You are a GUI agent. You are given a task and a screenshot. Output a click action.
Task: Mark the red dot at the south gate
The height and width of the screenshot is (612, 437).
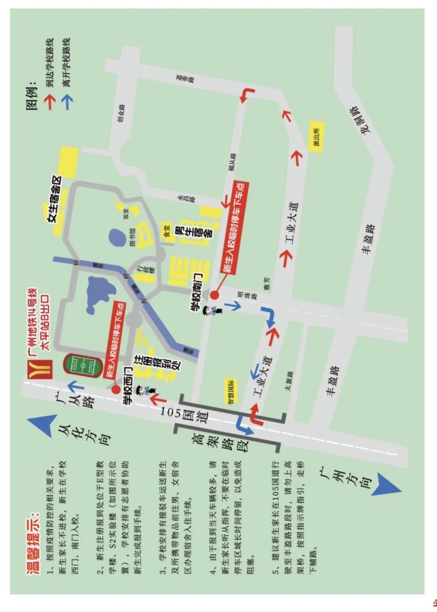[214, 295]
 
